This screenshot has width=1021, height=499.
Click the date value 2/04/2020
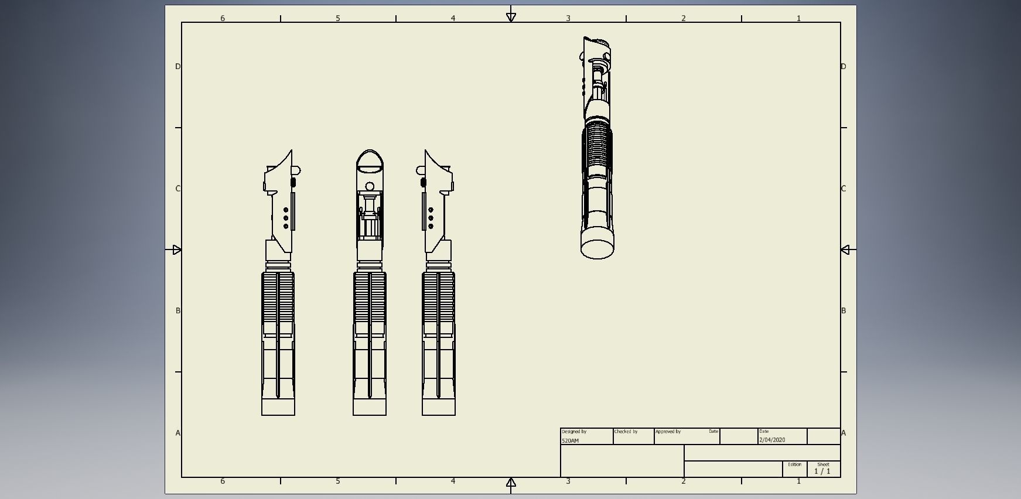point(772,440)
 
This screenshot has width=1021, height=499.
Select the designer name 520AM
point(570,440)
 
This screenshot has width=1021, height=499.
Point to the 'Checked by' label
point(626,432)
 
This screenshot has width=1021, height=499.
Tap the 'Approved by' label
point(668,432)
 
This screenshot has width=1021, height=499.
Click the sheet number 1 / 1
point(822,471)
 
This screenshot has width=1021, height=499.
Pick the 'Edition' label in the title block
point(794,464)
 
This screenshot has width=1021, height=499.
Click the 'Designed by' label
point(573,432)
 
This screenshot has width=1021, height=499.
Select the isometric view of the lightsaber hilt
point(596,146)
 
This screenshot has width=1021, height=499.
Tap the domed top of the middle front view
point(370,159)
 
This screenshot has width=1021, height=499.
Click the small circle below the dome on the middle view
point(370,187)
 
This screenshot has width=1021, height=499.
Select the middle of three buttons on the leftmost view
point(286,218)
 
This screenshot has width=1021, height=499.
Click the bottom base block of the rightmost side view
point(439,407)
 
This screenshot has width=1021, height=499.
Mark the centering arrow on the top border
point(511,17)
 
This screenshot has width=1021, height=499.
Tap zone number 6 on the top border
point(223,18)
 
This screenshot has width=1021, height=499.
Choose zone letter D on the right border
point(844,66)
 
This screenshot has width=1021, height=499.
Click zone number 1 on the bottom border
point(798,481)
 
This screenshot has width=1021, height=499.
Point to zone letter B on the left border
point(178,310)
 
